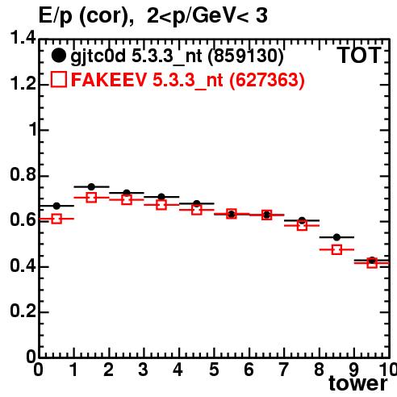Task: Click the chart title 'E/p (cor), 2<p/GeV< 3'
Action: [x=153, y=16]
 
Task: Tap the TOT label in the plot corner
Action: [x=359, y=56]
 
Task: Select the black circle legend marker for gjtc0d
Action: [x=58, y=56]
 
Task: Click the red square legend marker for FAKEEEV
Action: [x=59, y=79]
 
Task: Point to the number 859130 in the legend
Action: [x=246, y=56]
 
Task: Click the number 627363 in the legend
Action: [x=266, y=80]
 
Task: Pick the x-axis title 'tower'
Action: [x=358, y=383]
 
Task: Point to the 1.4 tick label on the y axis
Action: [x=23, y=37]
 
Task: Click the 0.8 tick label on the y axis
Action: [x=23, y=174]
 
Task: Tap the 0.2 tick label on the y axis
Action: [x=23, y=311]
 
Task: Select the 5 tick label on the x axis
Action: [x=214, y=370]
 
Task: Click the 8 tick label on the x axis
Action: [x=319, y=370]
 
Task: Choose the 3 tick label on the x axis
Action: [x=144, y=370]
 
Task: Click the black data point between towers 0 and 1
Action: [x=56, y=206]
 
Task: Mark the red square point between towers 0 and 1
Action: [x=56, y=219]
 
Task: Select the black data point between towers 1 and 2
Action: [x=91, y=186]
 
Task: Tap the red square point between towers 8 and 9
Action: [x=336, y=250]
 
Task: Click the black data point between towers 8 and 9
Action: [x=336, y=237]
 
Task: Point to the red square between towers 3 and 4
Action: [x=161, y=205]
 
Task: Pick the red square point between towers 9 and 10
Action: [x=372, y=263]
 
